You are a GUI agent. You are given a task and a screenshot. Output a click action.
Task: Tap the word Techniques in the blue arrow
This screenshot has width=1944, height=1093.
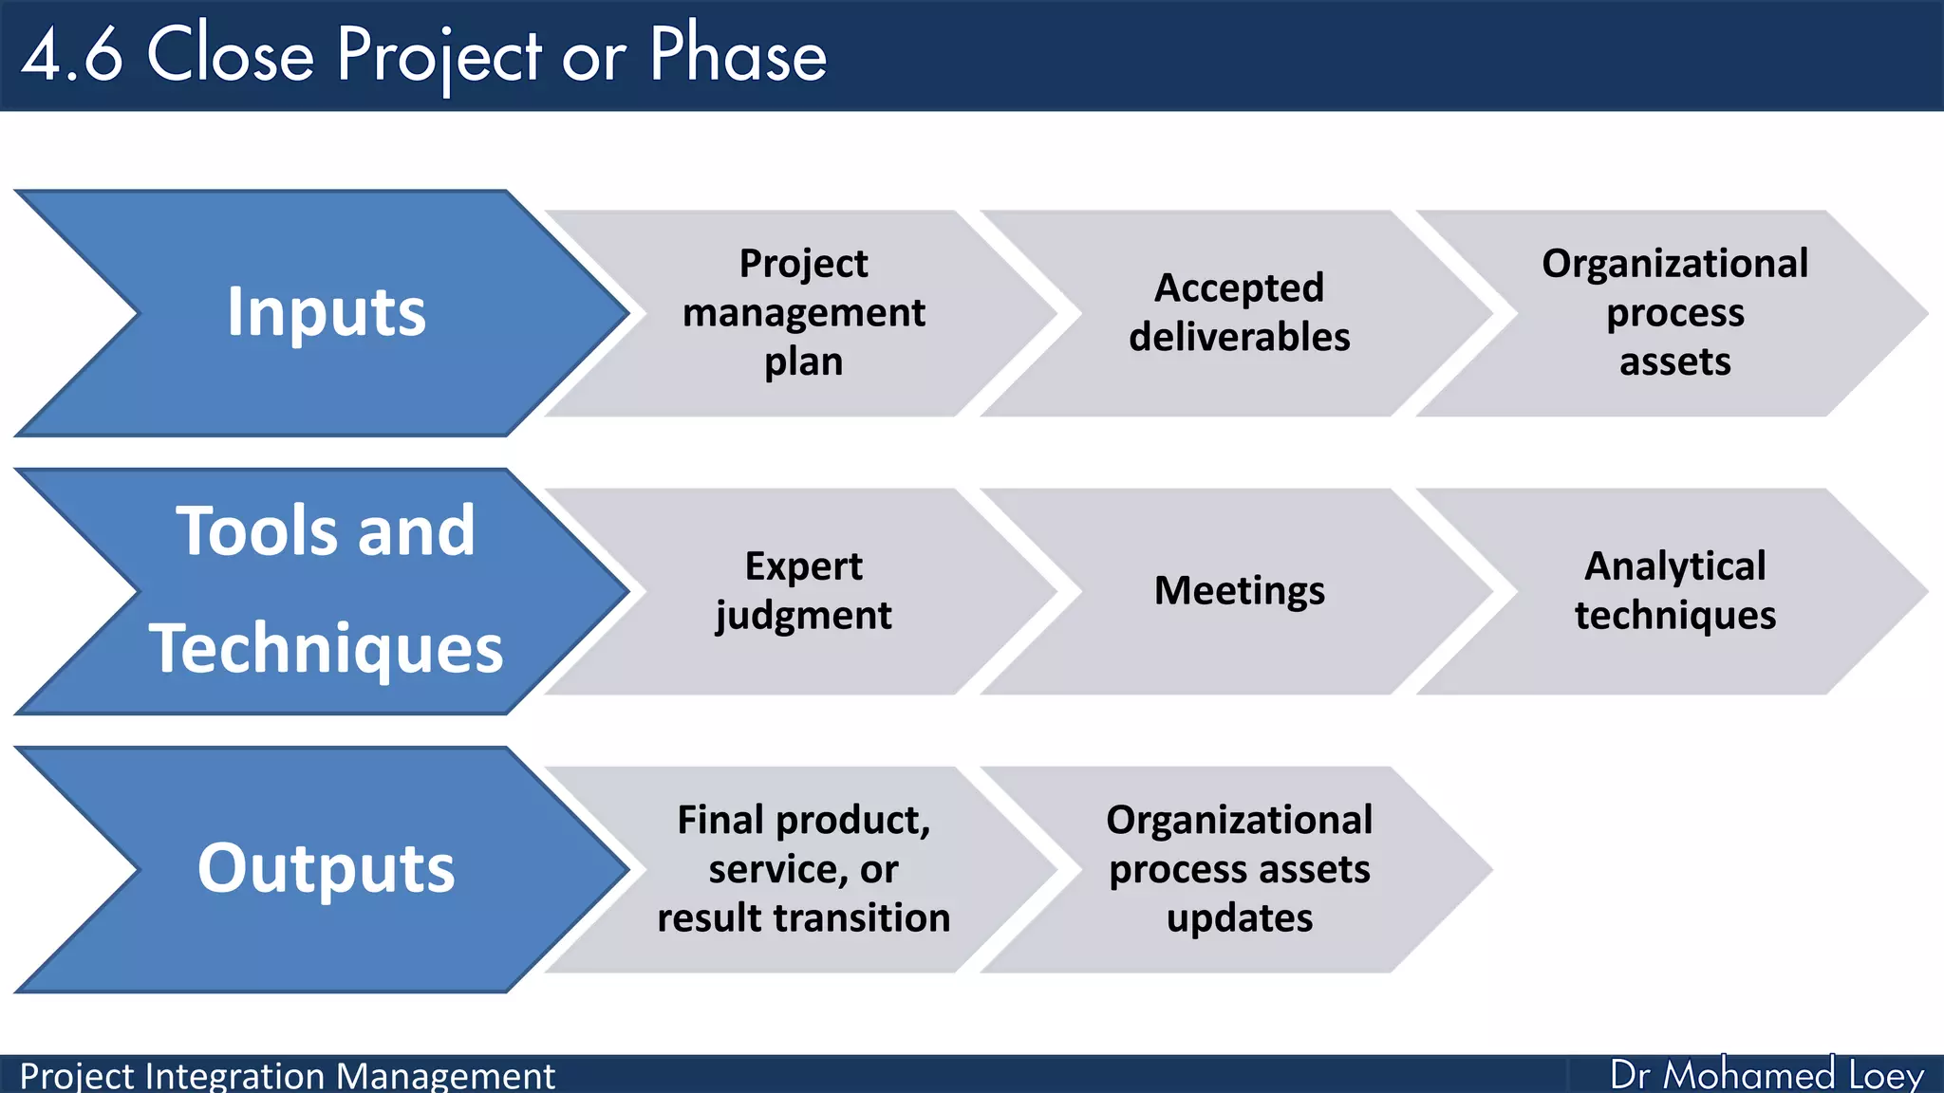[326, 649]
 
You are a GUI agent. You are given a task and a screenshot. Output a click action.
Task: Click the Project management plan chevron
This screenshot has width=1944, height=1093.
[803, 313]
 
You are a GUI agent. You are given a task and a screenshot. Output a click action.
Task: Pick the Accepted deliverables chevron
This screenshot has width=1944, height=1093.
[1239, 313]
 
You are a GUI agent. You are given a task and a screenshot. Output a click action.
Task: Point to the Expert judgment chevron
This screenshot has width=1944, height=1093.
[803, 591]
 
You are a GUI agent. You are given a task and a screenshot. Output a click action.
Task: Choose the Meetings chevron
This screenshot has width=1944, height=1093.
[1239, 591]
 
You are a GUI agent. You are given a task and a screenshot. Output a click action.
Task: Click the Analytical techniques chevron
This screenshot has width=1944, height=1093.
[1674, 591]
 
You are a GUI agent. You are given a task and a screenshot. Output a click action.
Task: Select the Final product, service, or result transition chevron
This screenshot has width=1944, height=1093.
[803, 869]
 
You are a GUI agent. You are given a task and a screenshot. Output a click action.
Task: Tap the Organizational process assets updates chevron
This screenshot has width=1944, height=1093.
[1239, 869]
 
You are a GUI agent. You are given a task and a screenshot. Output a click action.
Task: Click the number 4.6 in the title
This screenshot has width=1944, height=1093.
[72, 55]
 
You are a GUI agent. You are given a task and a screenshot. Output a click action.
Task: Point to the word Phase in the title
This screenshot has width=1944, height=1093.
[738, 55]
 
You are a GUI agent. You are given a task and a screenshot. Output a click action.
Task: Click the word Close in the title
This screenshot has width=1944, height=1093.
[230, 55]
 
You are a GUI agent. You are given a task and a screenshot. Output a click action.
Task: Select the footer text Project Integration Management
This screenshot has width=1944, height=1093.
[287, 1076]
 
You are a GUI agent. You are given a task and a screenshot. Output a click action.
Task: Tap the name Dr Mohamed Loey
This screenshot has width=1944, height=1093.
[1766, 1075]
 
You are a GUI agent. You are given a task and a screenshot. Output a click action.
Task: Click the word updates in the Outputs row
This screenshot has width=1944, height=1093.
[1240, 918]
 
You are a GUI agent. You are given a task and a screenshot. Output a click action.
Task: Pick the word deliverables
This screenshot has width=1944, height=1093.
[1239, 338]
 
